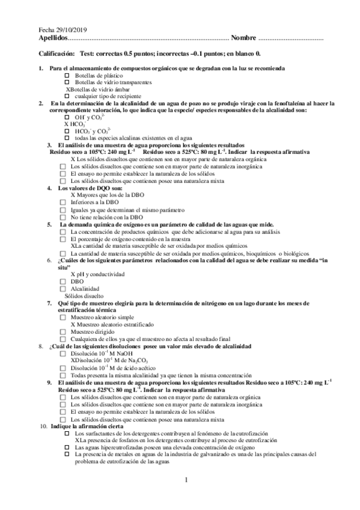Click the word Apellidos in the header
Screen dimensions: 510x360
52,38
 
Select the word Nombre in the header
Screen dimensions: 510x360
243,38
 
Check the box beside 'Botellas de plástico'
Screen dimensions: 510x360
67,76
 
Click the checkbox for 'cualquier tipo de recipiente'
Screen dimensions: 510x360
67,96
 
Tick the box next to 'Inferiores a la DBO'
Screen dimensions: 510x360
63,203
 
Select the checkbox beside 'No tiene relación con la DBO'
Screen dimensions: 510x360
63,217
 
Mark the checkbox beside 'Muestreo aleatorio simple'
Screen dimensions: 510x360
63,317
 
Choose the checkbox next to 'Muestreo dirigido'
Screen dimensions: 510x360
63,331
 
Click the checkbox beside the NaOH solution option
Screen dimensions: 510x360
63,354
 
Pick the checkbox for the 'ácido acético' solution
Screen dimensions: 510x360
63,368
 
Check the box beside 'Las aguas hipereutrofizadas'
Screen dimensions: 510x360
67,447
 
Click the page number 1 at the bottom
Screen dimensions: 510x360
186,479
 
